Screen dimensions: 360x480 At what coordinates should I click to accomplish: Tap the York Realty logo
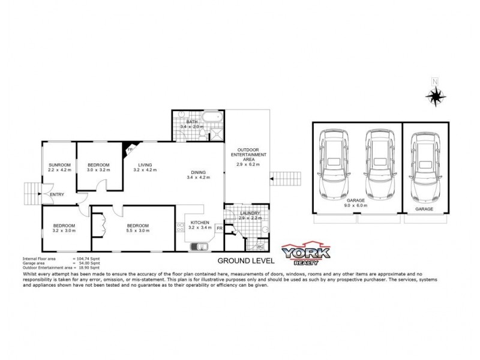pyautogui.click(x=306, y=254)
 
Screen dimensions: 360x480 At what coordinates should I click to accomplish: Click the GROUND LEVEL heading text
pyautogui.click(x=245, y=261)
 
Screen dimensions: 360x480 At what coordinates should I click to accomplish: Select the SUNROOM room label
pyautogui.click(x=59, y=165)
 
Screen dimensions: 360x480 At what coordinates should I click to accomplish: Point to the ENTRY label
pyautogui.click(x=57, y=194)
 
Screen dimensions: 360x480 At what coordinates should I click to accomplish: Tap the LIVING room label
pyautogui.click(x=145, y=165)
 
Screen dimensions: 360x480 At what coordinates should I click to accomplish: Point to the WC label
pyautogui.click(x=260, y=246)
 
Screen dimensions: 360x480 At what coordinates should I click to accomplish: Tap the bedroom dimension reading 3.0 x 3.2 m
pyautogui.click(x=98, y=170)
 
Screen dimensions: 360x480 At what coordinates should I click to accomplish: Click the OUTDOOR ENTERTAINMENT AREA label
pyautogui.click(x=248, y=154)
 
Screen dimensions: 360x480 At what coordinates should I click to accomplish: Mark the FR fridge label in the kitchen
pyautogui.click(x=220, y=229)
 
